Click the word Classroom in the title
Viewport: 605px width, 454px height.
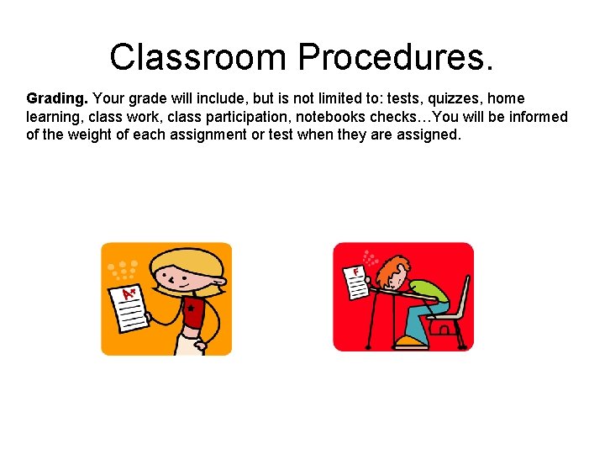coord(197,58)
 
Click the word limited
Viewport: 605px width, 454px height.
coord(320,99)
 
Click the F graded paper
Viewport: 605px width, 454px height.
coord(356,282)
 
